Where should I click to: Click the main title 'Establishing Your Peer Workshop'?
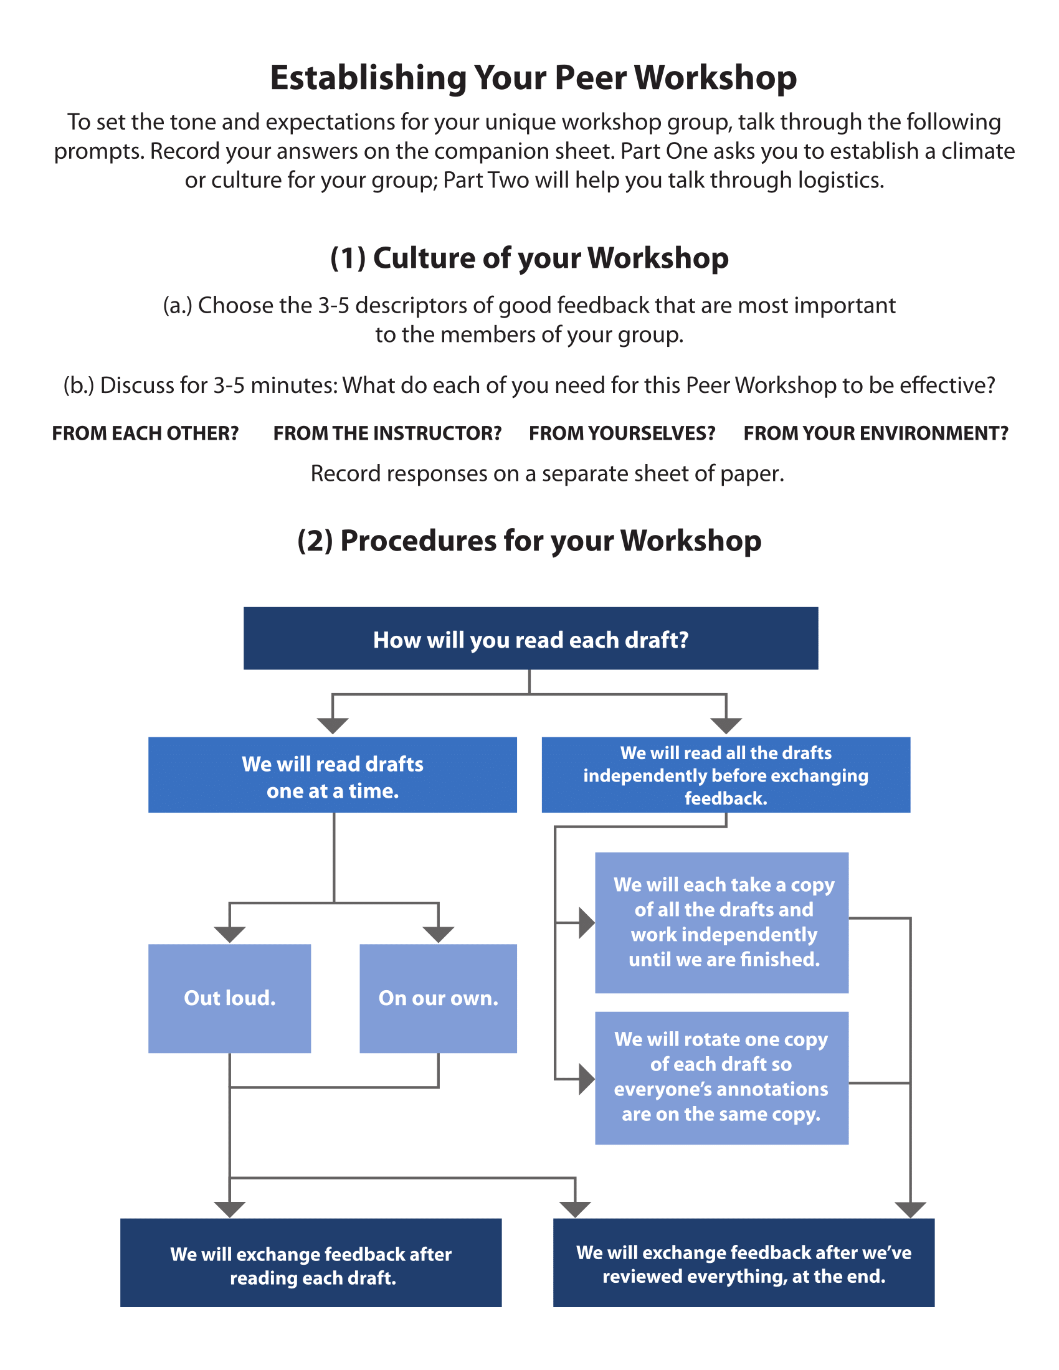533,78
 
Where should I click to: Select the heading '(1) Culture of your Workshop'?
529,258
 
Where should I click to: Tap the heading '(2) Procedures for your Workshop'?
529,541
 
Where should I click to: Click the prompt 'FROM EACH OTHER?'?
145,433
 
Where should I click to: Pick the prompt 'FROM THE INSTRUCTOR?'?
387,433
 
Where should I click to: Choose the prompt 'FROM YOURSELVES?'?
622,433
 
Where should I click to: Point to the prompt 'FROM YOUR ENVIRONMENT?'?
875,433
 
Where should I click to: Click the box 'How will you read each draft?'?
530,638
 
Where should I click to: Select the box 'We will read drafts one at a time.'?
332,775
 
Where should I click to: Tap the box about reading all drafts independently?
725,775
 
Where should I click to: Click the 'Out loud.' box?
230,999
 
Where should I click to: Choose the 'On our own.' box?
438,999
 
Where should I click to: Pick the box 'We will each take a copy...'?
721,922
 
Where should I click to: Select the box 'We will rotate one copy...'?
721,1078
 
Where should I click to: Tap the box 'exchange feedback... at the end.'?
743,1264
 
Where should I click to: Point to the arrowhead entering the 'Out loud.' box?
230,934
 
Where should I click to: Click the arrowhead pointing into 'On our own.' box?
438,934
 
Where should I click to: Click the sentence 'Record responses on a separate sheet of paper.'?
547,474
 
